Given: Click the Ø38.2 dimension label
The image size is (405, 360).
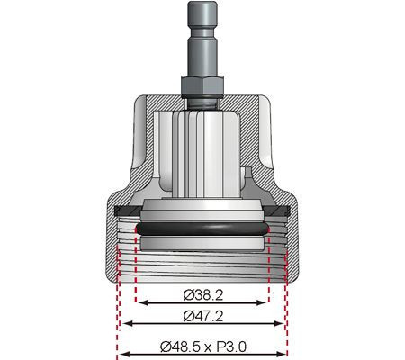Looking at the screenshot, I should [202, 292].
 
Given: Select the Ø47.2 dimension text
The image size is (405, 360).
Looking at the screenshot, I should [202, 315].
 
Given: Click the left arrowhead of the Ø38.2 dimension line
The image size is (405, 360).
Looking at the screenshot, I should [139, 302].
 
